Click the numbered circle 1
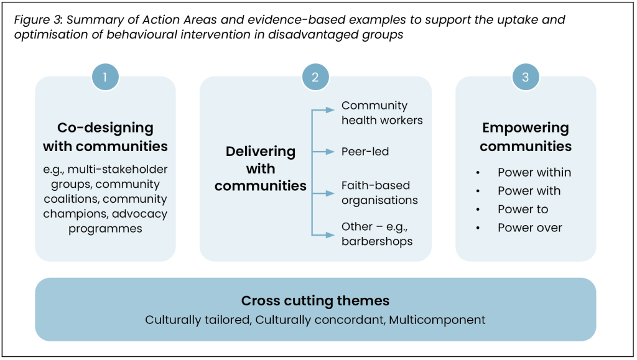click(x=105, y=77)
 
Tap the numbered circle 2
click(x=315, y=77)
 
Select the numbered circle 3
click(x=526, y=77)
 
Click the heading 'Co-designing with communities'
click(x=105, y=137)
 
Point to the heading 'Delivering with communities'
click(x=261, y=168)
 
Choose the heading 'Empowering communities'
click(x=526, y=137)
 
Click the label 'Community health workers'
click(x=382, y=113)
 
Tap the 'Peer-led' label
click(x=365, y=151)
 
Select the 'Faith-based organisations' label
click(x=379, y=192)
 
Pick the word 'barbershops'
click(x=377, y=241)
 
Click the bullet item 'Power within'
click(x=534, y=172)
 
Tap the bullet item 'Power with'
click(x=529, y=191)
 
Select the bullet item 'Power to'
click(x=523, y=209)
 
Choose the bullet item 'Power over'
click(x=529, y=228)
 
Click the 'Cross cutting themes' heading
click(x=315, y=301)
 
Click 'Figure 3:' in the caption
click(x=37, y=20)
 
